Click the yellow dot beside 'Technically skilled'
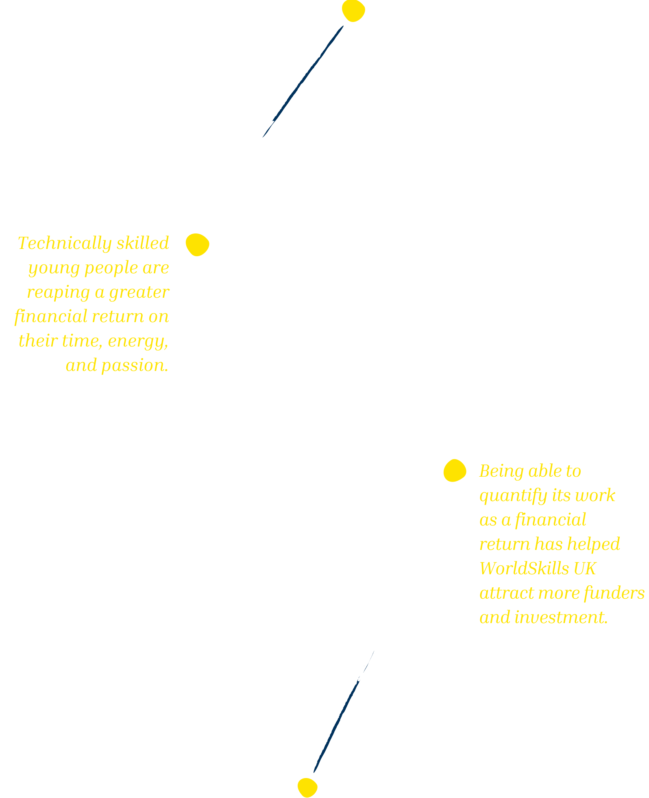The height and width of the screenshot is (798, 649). (x=198, y=244)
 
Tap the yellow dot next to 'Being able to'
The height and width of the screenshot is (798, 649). (x=454, y=471)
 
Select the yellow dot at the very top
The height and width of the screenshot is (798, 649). (x=353, y=10)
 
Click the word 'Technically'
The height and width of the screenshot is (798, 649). (x=65, y=244)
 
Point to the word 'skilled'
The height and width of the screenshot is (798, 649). (x=143, y=243)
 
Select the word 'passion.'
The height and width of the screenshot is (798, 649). (x=135, y=366)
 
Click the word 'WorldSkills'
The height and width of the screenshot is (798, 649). (x=524, y=569)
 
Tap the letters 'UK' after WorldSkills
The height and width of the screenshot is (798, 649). (x=585, y=569)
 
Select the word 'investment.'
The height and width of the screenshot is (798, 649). (x=561, y=617)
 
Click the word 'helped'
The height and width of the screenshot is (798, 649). (x=593, y=544)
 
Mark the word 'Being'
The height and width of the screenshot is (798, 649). (x=501, y=471)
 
